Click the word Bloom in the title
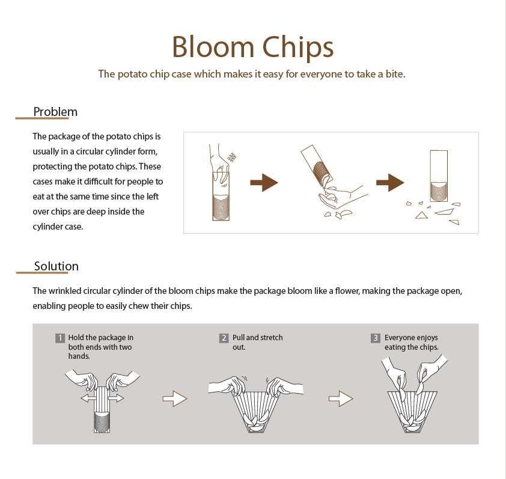213,47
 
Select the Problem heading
55,112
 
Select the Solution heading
56,266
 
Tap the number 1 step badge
60,338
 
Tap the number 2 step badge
224,338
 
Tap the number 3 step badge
376,338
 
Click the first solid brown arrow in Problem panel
264,183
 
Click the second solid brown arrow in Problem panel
390,183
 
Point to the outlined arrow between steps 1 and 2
175,398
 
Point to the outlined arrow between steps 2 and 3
341,398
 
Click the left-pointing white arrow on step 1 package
88,398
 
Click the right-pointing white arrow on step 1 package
115,398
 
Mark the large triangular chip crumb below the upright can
421,216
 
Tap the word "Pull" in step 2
239,338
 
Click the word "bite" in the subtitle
395,74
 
